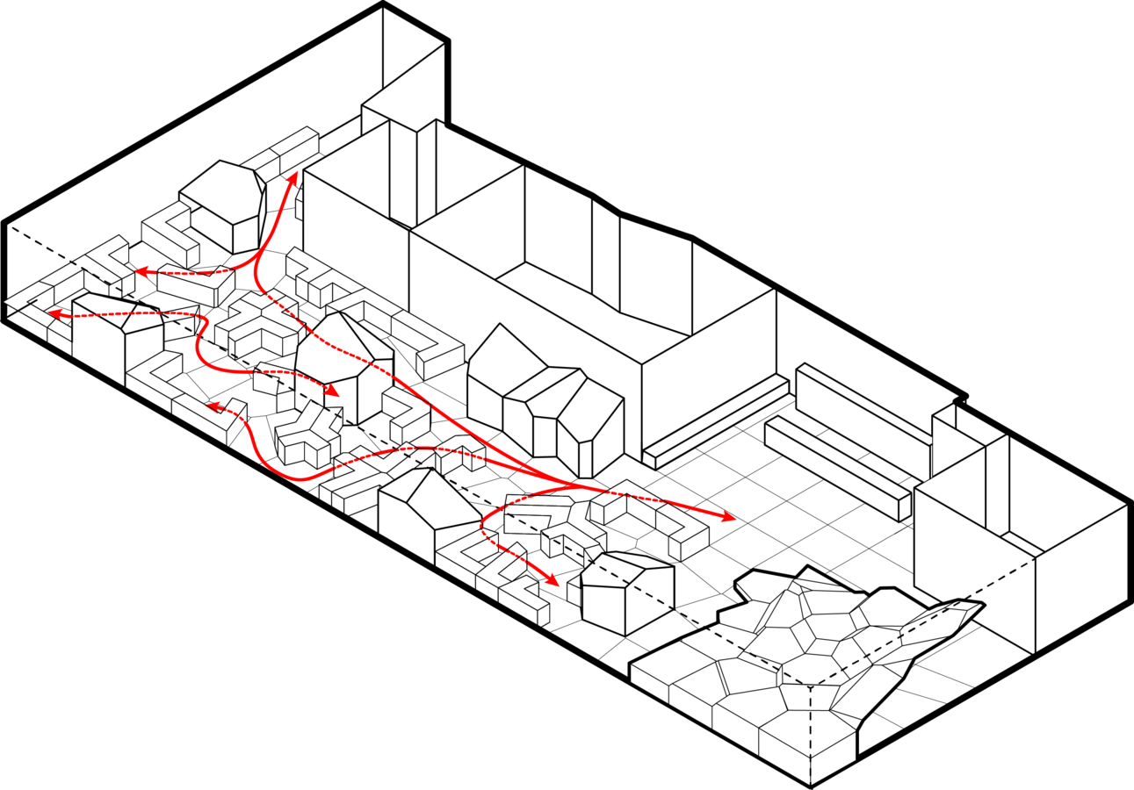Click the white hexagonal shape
223,191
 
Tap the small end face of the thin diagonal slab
649,459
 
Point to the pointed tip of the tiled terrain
979,606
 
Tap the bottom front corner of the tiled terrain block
810,784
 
